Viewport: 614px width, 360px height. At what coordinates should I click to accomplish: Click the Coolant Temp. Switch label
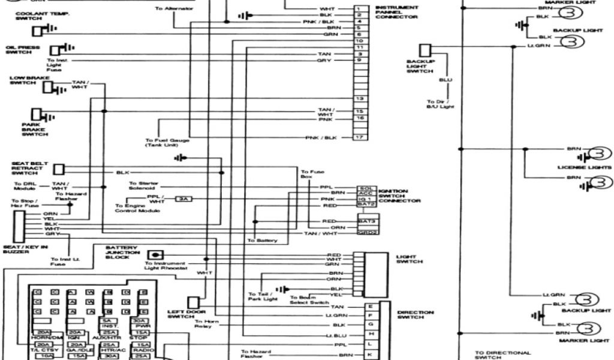coord(25,16)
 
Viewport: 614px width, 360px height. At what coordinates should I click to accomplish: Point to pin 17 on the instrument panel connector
coord(359,137)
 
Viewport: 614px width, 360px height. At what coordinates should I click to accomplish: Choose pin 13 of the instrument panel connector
coord(359,98)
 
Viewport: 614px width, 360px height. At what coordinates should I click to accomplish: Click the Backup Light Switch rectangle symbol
coord(425,50)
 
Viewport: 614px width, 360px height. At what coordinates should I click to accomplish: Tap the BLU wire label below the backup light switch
coord(445,80)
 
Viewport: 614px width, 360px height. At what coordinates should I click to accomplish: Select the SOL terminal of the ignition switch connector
coord(366,188)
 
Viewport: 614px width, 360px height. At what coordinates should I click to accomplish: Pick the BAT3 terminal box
coord(366,221)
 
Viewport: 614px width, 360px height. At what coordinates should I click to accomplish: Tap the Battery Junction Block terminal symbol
coord(156,254)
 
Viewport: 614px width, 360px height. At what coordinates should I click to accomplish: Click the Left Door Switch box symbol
coord(194,302)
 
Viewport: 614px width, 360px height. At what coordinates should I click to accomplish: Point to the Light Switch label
coord(410,259)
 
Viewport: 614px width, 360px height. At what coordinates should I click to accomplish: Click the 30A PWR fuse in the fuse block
coord(142,323)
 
